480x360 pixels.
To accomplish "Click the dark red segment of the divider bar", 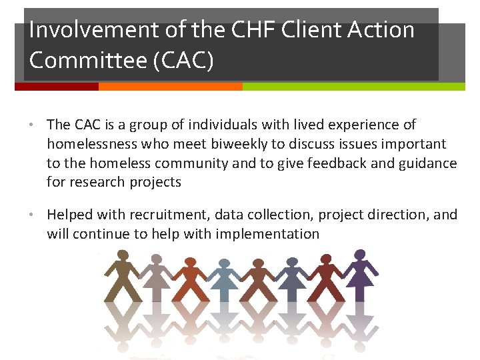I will tap(56, 87).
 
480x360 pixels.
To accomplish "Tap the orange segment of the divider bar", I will tap(170, 87).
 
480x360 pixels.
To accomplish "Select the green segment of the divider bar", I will tap(353, 87).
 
